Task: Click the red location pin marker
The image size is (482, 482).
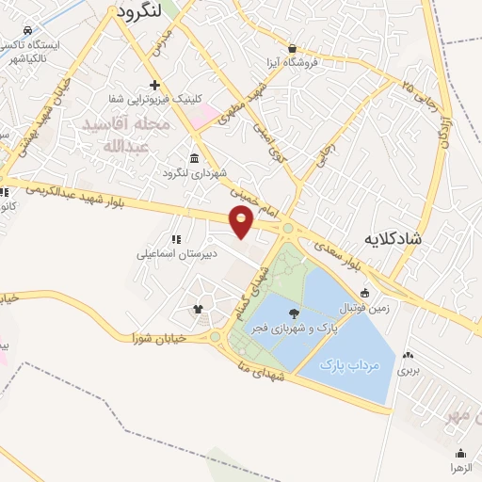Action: click(242, 222)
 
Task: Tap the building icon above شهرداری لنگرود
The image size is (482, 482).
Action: click(194, 158)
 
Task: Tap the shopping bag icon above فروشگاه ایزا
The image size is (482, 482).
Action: click(293, 48)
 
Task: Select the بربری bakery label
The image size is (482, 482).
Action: click(407, 370)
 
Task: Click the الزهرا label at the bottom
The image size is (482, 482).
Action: click(460, 467)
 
